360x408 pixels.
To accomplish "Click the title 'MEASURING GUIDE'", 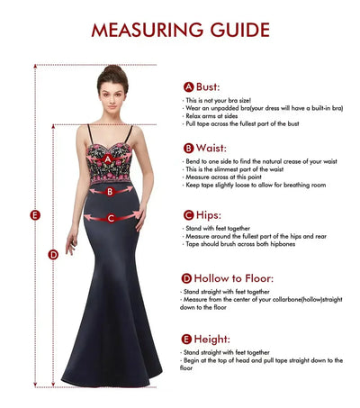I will point(180,29).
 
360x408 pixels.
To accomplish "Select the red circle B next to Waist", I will point(188,148).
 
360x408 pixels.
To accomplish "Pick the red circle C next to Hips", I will point(188,214).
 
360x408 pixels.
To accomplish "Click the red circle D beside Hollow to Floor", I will point(187,279).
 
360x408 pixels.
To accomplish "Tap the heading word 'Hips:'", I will point(210,214).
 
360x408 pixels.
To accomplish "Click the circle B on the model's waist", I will point(110,190).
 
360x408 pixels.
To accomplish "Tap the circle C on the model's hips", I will point(111,218).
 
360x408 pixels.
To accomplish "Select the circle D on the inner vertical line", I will point(53,254).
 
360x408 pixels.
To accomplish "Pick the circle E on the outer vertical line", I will point(34,214).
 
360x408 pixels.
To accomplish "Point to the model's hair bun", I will point(112,68).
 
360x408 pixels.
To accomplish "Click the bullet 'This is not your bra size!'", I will point(215,100).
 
